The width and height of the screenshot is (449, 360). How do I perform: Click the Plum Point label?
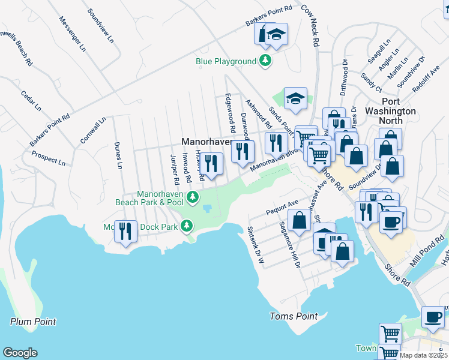(33, 322)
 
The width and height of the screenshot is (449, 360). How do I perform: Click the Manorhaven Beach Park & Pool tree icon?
(192, 197)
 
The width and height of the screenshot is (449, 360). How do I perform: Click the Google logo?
(20, 353)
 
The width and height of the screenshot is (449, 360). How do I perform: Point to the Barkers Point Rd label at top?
(268, 16)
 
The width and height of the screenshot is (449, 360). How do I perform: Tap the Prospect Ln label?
(49, 158)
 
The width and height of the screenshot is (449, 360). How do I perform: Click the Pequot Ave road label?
(281, 208)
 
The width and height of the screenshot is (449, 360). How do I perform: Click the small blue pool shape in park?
(207, 208)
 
